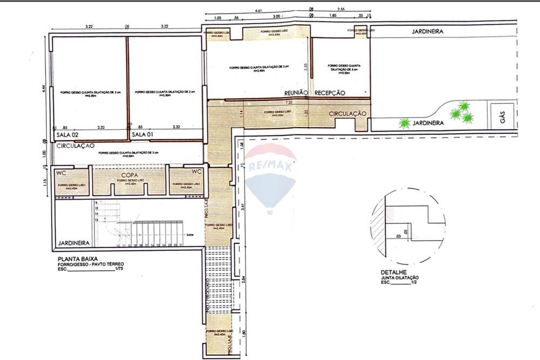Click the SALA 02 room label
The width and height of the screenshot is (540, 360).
pos(68,134)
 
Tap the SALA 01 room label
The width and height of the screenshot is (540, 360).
pos(143,134)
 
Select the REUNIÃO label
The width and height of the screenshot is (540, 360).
pos(296,93)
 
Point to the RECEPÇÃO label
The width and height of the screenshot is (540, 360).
pos(330,93)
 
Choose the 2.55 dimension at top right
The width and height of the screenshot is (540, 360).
pos(341,10)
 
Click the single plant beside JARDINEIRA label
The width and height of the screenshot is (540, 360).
pos(404,124)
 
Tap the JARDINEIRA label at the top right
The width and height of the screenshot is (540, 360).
pos(428,31)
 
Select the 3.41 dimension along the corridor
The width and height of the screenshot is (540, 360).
pos(244,206)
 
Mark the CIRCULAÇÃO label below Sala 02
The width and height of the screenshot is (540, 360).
pos(75,146)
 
